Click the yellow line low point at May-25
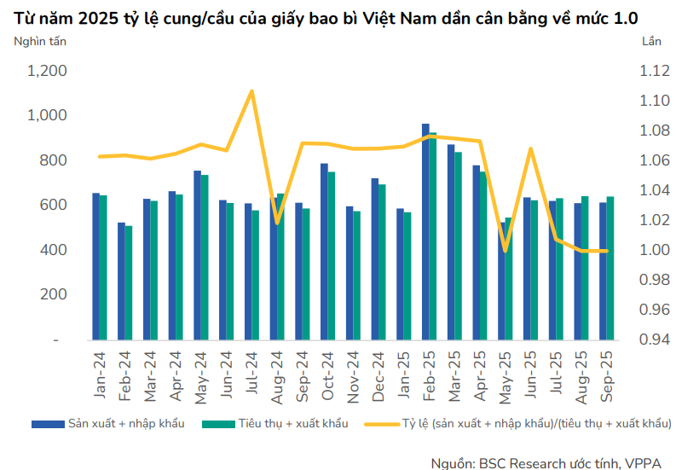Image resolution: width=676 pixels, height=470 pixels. [506, 251]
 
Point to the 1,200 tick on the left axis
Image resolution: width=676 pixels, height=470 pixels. [48, 72]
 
